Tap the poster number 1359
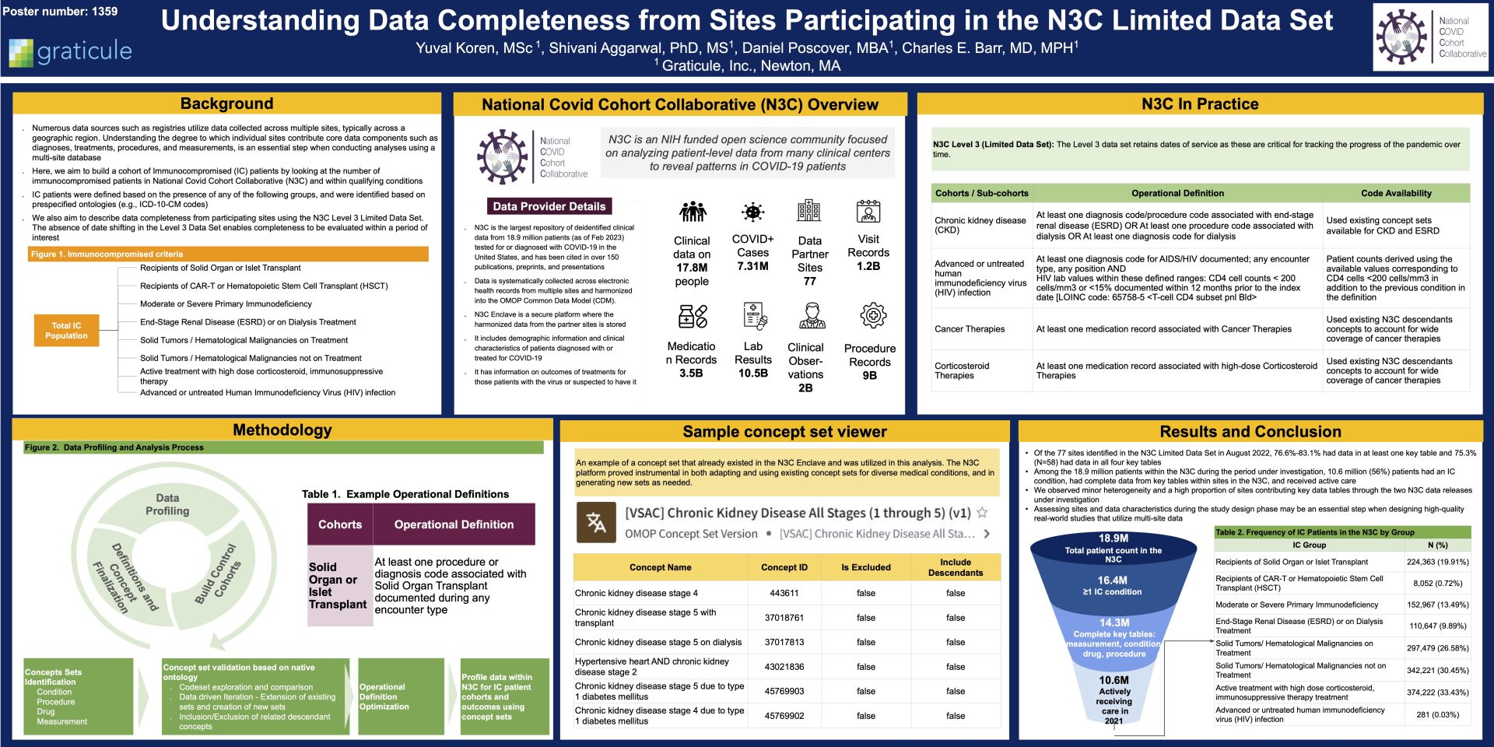[x=61, y=11]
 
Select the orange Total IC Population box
[x=66, y=331]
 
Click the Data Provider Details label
[x=549, y=206]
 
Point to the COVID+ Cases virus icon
[x=752, y=212]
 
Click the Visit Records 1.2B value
[x=868, y=265]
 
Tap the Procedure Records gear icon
[x=873, y=316]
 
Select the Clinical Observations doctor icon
[x=812, y=316]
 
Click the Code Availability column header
[x=1396, y=193]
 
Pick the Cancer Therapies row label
[x=970, y=329]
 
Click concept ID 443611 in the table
[x=784, y=593]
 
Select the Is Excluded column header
[x=866, y=567]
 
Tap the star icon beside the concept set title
[x=983, y=512]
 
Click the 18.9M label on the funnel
[x=1113, y=538]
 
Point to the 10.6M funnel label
[x=1113, y=680]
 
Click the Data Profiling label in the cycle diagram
[x=167, y=504]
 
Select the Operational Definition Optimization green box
[x=401, y=696]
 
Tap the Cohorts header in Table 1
[x=340, y=524]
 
